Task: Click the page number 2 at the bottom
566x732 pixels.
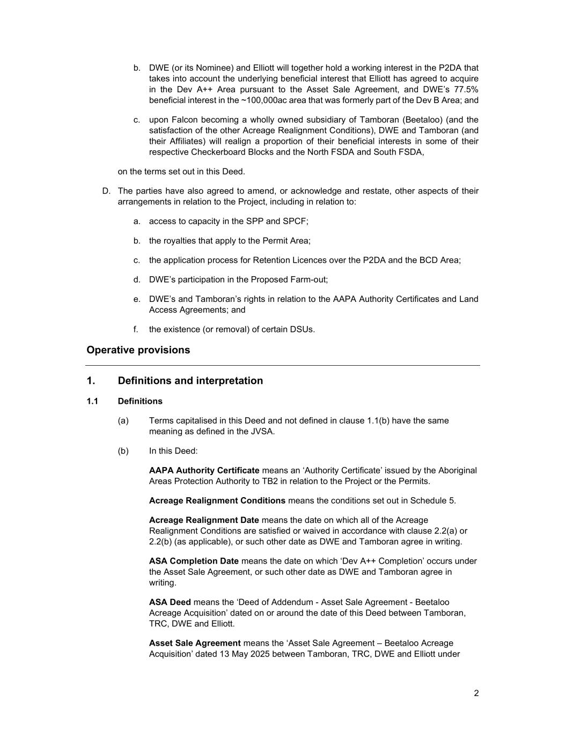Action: pos(476,693)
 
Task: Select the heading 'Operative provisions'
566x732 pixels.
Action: pos(138,350)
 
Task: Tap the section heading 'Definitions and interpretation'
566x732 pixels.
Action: pos(190,381)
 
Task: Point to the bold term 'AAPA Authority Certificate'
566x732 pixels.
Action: pos(204,470)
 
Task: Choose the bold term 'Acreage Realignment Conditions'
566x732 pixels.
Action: pos(217,500)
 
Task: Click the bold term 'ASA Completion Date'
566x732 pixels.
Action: pos(194,561)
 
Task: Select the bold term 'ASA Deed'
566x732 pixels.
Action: pos(170,602)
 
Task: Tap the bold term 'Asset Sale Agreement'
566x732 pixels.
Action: pos(195,643)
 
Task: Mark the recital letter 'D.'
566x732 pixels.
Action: pos(106,191)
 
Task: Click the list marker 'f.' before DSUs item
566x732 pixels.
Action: pos(137,329)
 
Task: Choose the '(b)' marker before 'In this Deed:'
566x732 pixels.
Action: pos(123,451)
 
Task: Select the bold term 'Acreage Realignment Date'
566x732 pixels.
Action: pos(204,520)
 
